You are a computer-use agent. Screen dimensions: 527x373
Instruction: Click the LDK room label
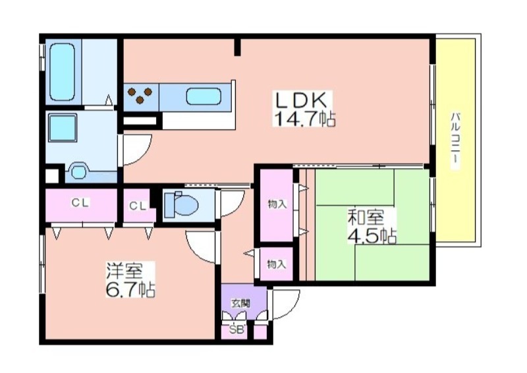[301, 100]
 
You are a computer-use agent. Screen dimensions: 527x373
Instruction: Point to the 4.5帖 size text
[372, 236]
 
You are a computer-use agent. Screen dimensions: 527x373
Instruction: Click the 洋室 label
[125, 271]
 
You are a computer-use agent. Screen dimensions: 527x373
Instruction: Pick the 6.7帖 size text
[130, 289]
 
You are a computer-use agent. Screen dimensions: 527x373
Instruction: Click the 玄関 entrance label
[240, 303]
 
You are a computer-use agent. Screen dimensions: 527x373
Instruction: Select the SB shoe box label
[236, 330]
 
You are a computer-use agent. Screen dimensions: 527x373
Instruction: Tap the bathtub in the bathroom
[62, 72]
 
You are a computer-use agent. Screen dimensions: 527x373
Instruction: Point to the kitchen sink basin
[204, 96]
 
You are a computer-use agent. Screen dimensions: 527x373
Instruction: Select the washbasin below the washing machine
[79, 171]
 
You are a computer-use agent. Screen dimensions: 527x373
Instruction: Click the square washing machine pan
[63, 128]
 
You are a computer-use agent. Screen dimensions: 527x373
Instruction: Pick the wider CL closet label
[80, 203]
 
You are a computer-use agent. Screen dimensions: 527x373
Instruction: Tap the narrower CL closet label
[138, 206]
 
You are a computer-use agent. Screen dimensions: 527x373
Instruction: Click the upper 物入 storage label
[277, 204]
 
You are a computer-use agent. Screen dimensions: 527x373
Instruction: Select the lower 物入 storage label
[277, 264]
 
